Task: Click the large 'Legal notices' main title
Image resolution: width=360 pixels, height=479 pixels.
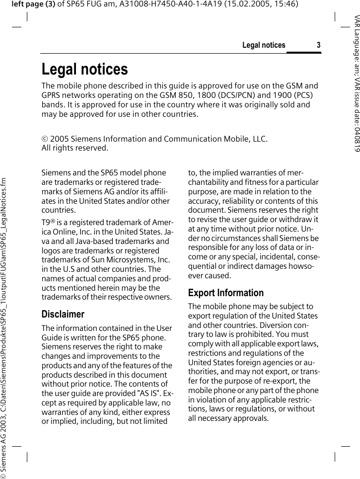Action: point(84,69)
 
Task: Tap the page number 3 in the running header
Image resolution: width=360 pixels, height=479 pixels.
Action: point(318,45)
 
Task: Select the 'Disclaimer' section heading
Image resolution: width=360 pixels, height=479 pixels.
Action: point(63,314)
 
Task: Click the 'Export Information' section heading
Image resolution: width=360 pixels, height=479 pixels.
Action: point(225,293)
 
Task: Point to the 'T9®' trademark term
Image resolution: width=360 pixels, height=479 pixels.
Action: point(48,222)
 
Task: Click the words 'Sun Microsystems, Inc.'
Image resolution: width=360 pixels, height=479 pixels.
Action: point(130,260)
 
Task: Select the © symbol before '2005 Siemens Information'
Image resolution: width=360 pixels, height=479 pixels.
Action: point(45,139)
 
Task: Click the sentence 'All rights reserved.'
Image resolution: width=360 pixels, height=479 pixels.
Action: point(74,148)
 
